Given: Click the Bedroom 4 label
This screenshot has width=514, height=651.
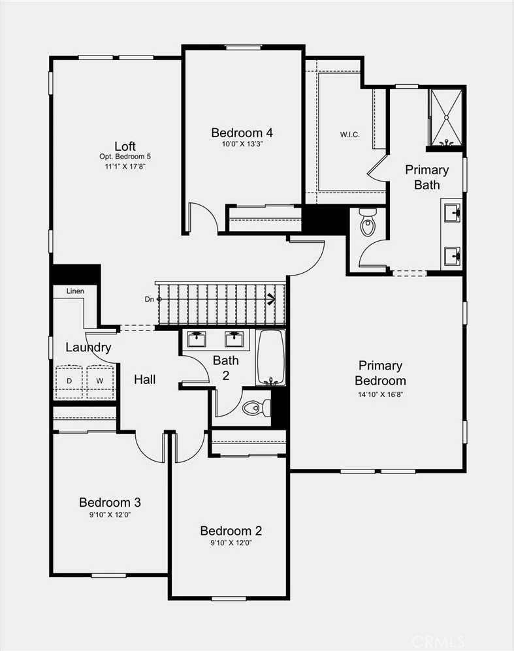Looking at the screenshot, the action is tap(242, 133).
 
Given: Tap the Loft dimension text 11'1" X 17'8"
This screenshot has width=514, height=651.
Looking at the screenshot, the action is tap(125, 167).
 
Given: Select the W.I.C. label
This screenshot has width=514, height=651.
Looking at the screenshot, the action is tap(350, 135).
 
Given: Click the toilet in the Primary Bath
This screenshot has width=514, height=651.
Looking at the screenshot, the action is tap(368, 222).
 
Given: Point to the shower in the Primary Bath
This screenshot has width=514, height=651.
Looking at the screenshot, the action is tap(446, 118).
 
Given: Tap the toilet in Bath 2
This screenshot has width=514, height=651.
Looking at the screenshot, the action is tap(257, 407).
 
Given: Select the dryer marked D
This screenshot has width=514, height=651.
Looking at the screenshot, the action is tap(69, 381).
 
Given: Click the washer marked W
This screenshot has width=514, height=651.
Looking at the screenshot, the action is tap(100, 381).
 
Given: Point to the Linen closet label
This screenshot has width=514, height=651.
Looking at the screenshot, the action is tap(75, 291).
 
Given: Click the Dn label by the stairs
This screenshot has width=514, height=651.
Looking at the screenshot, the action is tap(150, 299).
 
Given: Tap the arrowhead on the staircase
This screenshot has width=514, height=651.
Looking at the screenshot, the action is tap(272, 299).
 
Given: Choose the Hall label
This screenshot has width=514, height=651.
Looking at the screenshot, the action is tap(145, 379).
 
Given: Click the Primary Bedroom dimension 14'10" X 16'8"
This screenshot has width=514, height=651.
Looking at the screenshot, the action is tap(381, 394).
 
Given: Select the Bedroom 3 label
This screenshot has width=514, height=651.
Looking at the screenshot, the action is tap(110, 502).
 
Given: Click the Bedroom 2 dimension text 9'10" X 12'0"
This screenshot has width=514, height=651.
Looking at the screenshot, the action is tap(231, 543).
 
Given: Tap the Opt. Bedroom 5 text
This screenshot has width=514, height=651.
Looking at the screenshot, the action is tap(125, 157).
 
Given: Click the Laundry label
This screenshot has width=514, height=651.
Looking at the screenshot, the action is tap(88, 347).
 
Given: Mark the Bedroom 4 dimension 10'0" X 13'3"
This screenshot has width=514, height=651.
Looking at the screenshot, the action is tap(242, 144).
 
